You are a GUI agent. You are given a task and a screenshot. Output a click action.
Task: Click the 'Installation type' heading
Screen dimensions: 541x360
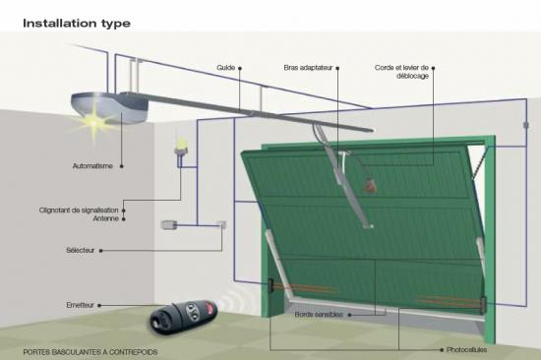(x=77, y=24)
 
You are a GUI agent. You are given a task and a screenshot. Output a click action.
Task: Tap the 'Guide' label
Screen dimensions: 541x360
(x=226, y=68)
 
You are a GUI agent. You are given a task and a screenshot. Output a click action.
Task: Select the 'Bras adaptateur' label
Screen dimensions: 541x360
(x=308, y=68)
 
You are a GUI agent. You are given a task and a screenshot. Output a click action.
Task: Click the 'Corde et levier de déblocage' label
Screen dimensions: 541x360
(x=401, y=72)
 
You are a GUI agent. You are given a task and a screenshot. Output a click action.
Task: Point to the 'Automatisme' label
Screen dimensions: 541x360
(x=92, y=166)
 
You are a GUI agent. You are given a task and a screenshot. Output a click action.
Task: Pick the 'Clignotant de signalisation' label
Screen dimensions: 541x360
(x=79, y=210)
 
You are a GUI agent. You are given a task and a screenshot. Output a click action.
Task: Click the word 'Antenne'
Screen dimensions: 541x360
(x=106, y=218)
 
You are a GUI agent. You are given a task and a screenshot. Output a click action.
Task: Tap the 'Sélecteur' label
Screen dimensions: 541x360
(x=80, y=250)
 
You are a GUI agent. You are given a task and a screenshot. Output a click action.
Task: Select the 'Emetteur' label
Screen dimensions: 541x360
(x=80, y=305)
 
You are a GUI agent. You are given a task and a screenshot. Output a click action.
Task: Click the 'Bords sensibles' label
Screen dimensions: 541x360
(x=319, y=315)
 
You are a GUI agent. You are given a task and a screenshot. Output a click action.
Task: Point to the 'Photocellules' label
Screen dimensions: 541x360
(x=467, y=349)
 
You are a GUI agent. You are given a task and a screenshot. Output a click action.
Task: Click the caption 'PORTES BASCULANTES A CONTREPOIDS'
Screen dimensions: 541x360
(x=90, y=352)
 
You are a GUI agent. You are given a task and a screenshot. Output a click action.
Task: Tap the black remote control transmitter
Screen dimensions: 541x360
(x=183, y=317)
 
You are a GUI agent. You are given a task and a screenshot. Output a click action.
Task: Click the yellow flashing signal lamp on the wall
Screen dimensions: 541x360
(x=181, y=148)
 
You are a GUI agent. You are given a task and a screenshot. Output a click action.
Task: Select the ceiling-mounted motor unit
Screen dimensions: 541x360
(x=110, y=107)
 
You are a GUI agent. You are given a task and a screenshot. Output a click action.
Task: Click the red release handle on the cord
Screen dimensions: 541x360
(x=369, y=186)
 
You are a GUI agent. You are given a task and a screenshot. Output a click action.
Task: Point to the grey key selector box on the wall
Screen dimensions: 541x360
(x=169, y=225)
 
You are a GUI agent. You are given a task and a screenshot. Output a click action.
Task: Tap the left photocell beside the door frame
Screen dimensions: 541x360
(x=270, y=285)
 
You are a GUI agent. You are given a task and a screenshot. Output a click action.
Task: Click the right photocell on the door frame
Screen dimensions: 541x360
(x=484, y=305)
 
